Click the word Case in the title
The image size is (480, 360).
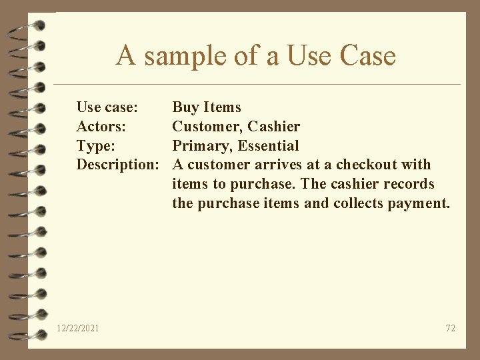coord(367,56)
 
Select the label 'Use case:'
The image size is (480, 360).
coord(107,107)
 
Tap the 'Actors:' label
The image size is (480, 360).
coord(101,127)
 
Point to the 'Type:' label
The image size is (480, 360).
coord(95,146)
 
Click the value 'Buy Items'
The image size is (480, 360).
coord(207,107)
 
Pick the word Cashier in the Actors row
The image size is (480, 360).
coord(274,127)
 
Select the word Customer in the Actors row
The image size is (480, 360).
coord(207,127)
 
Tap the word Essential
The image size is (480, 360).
coord(269,146)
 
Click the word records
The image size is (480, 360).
coord(409,184)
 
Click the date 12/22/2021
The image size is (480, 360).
coord(78,328)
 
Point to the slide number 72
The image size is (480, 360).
coord(450,328)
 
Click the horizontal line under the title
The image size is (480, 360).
coord(257,85)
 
